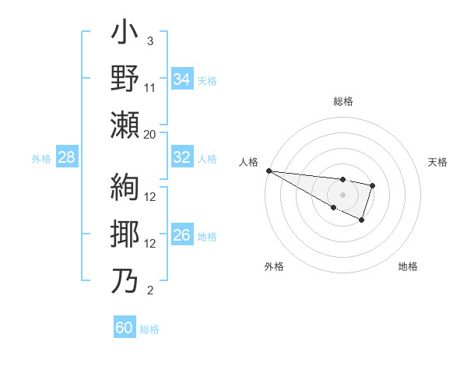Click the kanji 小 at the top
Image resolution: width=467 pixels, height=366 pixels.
click(x=125, y=36)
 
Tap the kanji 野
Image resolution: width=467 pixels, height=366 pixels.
click(x=125, y=80)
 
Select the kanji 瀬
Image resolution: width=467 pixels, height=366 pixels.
click(x=125, y=125)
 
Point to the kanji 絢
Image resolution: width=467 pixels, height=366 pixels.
click(x=125, y=188)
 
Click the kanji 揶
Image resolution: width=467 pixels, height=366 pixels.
click(x=125, y=234)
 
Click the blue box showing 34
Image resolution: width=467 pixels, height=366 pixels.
click(x=181, y=79)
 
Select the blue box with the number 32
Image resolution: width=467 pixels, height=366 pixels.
click(x=181, y=157)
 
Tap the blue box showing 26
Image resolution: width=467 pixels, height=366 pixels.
click(x=181, y=236)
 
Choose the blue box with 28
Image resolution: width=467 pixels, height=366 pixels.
click(x=66, y=157)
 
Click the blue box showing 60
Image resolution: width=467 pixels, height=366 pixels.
click(x=125, y=328)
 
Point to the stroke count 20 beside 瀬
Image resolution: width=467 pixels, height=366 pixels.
click(x=150, y=134)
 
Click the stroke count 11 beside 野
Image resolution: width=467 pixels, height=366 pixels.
click(x=150, y=88)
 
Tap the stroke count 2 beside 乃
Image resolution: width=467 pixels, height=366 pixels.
click(x=150, y=291)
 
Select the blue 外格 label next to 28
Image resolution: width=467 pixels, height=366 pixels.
click(x=41, y=158)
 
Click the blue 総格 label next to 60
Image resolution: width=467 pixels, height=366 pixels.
click(x=149, y=329)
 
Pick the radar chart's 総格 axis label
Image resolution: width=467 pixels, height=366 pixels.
click(x=342, y=101)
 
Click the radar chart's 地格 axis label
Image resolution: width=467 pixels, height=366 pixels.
click(x=408, y=266)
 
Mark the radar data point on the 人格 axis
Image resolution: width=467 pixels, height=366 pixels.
click(x=269, y=171)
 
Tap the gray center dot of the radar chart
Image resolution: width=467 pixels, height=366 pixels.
click(x=342, y=194)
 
